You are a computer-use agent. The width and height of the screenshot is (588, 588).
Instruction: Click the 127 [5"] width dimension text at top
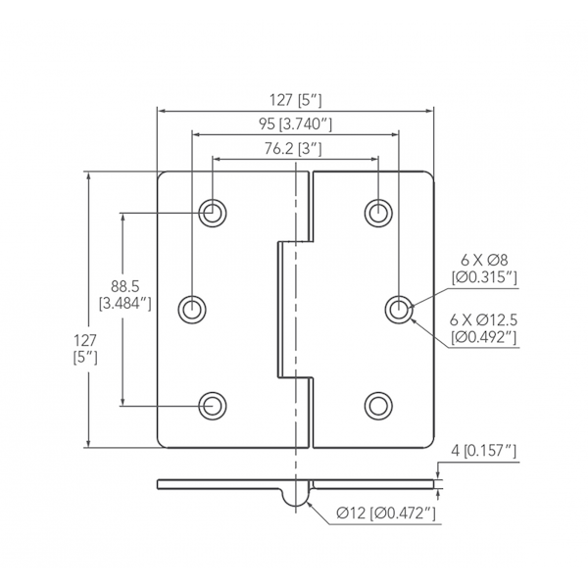coord(295,99)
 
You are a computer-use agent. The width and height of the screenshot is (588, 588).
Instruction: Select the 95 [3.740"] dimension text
coord(295,123)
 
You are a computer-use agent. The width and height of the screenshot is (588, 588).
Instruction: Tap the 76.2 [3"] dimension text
coord(295,148)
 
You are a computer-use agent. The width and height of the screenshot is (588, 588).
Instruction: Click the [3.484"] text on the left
coord(124,305)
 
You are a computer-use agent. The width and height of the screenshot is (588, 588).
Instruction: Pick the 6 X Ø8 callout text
coord(483,261)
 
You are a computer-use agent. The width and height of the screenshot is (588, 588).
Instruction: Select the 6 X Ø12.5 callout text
coord(483,320)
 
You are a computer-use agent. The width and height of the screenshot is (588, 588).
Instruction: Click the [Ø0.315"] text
coord(483,279)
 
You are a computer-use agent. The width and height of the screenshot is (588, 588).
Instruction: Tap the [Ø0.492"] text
coord(483,339)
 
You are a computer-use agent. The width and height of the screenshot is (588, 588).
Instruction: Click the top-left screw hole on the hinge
coord(212,212)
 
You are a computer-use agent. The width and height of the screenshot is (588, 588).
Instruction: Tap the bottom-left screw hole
coord(212,404)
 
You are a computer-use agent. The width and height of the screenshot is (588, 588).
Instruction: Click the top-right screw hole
coord(378,212)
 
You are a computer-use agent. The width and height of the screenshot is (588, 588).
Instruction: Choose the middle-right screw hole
coord(398,309)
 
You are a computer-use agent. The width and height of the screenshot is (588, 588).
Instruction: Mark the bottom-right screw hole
coord(378,404)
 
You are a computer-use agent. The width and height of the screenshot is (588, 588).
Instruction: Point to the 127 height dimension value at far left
coord(84,339)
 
